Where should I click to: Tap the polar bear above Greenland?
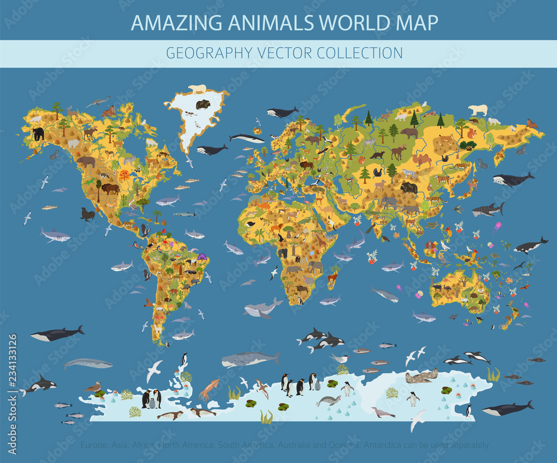pos(197,88)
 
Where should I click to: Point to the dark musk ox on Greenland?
pos(203,104)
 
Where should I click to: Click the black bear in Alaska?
pos(38,134)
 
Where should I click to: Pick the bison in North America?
pos(110,188)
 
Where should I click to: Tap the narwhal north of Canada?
pos(98,101)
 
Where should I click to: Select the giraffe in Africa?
pos(321,240)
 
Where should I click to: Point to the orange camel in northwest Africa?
pos(263,206)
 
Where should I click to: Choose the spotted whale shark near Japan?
pos(488,210)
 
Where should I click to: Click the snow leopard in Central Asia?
pos(409,173)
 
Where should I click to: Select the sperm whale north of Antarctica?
pos(250,359)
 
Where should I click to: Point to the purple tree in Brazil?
pos(201,257)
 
